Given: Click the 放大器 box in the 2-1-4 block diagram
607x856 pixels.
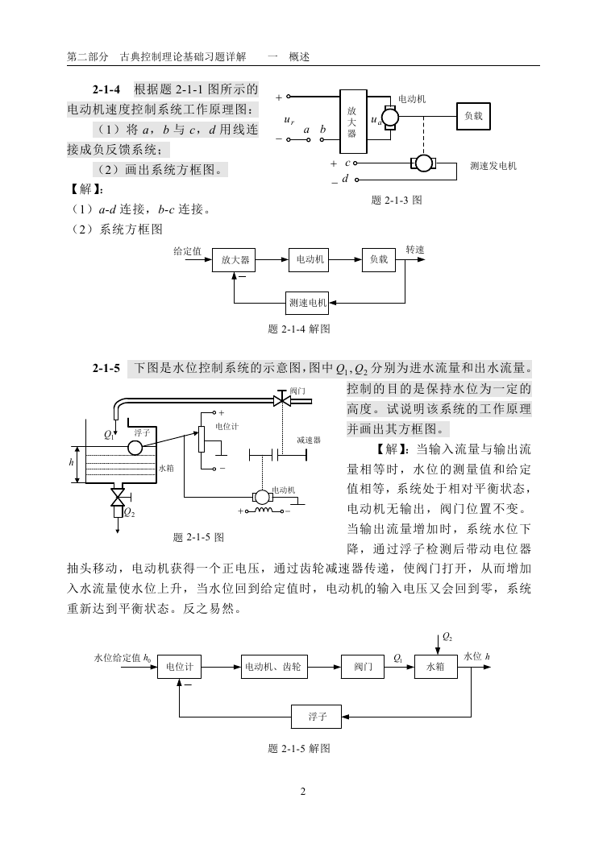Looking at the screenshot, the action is click(x=234, y=260).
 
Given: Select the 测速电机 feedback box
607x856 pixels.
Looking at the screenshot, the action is click(x=308, y=303).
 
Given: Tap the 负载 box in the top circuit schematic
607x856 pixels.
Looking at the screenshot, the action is click(x=473, y=116).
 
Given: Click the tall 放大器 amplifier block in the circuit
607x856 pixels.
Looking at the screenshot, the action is click(x=353, y=122).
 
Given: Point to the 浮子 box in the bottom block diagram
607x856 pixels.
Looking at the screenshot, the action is click(x=316, y=716).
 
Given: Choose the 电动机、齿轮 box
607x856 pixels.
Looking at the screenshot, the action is click(x=272, y=667).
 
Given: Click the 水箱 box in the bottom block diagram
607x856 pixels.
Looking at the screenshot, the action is click(x=435, y=667).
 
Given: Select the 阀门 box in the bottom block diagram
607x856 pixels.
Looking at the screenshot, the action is click(x=363, y=667).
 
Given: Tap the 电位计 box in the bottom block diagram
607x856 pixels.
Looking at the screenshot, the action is click(x=179, y=667).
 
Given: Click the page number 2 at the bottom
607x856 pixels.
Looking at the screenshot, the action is click(x=303, y=792).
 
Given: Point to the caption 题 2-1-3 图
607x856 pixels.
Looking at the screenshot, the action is click(x=396, y=201).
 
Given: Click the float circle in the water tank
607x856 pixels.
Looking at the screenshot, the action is click(x=135, y=448).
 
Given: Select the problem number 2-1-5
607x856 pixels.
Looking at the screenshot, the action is click(x=106, y=369).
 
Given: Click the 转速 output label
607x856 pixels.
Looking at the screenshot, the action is click(x=414, y=250).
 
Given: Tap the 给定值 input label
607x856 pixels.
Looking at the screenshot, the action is click(x=187, y=251).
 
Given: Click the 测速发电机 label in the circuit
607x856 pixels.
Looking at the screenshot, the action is click(x=493, y=166).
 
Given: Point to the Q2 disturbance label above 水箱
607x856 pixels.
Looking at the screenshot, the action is click(x=447, y=637).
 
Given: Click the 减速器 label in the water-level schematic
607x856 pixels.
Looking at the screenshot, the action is click(x=309, y=440).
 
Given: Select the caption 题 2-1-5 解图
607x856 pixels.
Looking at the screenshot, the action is click(x=299, y=748).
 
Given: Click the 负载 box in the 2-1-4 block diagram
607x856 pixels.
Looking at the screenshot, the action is click(x=379, y=260).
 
